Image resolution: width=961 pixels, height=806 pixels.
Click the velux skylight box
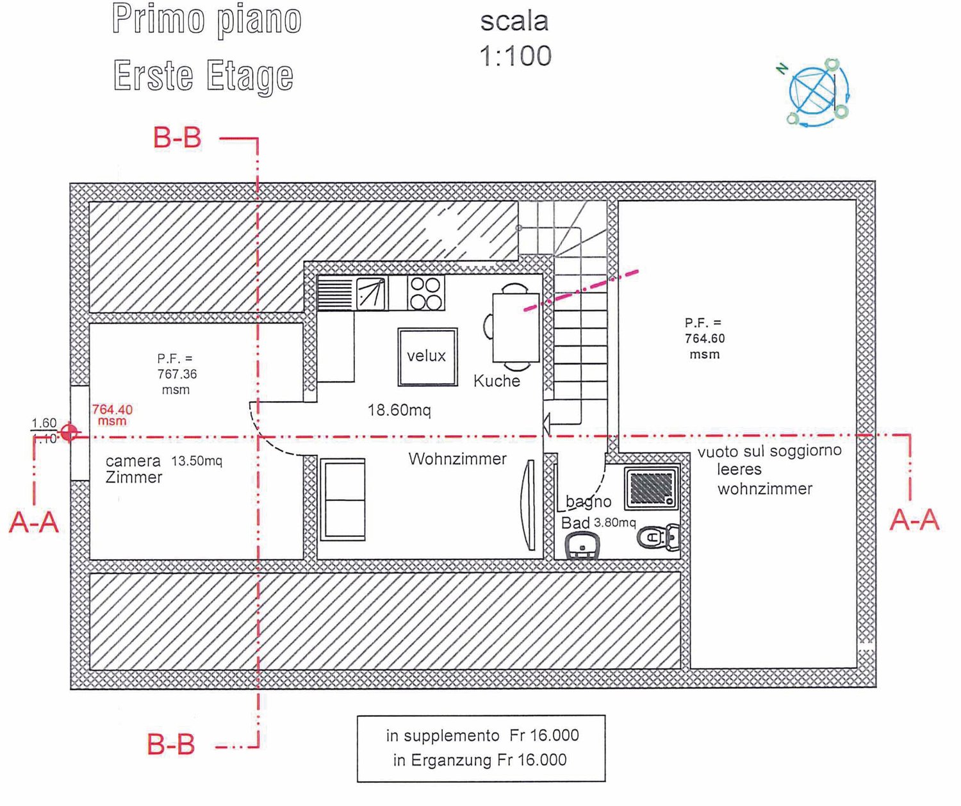pyautogui.click(x=427, y=357)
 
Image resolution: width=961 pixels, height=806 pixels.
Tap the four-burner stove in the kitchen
pyautogui.click(x=425, y=293)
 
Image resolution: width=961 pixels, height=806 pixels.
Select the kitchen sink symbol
pyautogui.click(x=371, y=293)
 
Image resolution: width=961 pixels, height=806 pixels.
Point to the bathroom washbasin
pyautogui.click(x=582, y=547)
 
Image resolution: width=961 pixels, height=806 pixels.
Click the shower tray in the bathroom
pyautogui.click(x=652, y=488)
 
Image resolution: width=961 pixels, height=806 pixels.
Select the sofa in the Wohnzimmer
pyautogui.click(x=343, y=499)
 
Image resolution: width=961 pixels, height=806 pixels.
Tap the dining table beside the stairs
pyautogui.click(x=515, y=327)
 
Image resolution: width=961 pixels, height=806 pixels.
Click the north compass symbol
pyautogui.click(x=817, y=92)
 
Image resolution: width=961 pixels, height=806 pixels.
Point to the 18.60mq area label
pyautogui.click(x=399, y=410)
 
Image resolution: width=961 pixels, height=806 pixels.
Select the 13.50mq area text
pyautogui.click(x=197, y=461)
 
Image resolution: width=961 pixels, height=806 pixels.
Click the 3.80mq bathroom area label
pyautogui.click(x=614, y=523)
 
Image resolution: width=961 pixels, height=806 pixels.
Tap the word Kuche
pyautogui.click(x=497, y=381)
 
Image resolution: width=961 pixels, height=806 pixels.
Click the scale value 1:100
pyautogui.click(x=515, y=56)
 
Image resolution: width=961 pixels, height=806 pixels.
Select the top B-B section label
pyautogui.click(x=177, y=138)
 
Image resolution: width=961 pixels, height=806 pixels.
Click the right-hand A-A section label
pyautogui.click(x=914, y=520)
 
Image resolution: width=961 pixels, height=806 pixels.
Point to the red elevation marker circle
pyautogui.click(x=69, y=433)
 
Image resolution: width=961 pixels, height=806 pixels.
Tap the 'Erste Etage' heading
pyautogui.click(x=203, y=76)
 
